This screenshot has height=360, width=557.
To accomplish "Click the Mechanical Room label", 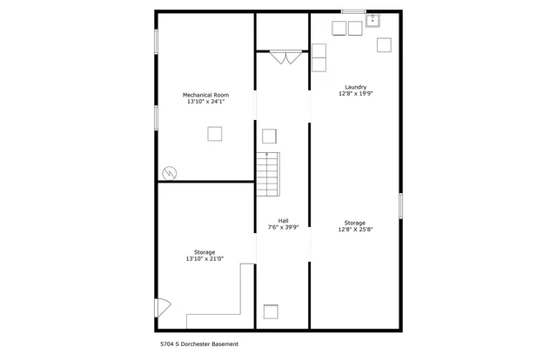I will pos(205,94).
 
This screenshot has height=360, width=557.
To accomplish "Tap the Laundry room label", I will pos(354,86).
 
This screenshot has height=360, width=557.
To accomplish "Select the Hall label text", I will pos(283,220).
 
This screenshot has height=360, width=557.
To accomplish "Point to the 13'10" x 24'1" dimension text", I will pos(205,102).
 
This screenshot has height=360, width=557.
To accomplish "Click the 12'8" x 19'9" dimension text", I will pos(354,94).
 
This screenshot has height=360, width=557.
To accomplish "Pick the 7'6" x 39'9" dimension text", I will pos(283,228).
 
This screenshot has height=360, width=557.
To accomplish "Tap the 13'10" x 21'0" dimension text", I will pos(205,259).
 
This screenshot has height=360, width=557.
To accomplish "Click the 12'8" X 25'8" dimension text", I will pos(354,230).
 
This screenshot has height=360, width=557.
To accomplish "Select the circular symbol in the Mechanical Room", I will pos(170,172).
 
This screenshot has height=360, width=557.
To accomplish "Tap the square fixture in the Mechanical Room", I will pos(214,134).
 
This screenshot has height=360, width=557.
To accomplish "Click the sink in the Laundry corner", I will pos(373,20).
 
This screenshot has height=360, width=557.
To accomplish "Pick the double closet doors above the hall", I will pos(283,58).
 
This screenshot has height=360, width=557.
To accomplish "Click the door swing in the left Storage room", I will pos(163,308).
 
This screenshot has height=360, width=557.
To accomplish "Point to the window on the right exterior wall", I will pos(400,206).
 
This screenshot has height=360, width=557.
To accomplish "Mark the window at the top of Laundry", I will pos(352,11).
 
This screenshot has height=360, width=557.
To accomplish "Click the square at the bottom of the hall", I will pos(271,311).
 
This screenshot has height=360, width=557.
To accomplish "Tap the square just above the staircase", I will pos(269,136).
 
